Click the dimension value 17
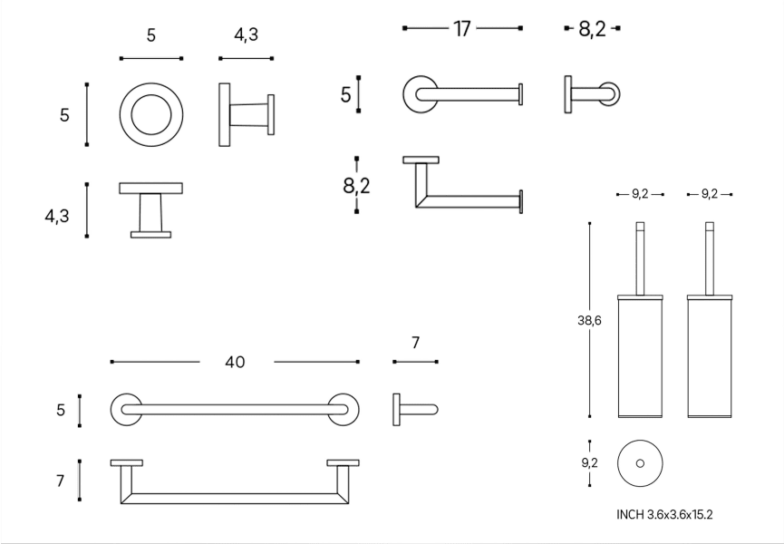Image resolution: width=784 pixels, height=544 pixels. tap(462, 29)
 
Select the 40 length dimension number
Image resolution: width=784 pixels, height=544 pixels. tap(235, 362)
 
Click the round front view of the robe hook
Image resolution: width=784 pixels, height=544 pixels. tap(150, 114)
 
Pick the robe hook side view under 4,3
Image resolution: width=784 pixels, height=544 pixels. tap(246, 114)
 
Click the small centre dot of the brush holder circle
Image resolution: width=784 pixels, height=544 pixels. tap(640, 462)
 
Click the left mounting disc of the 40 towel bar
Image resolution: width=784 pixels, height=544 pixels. tap(125, 409)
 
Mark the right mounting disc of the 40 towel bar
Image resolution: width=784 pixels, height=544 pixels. tap(344, 409)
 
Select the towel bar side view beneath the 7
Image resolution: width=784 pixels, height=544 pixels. tap(414, 409)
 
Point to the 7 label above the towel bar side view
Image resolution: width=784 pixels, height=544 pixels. tap(416, 342)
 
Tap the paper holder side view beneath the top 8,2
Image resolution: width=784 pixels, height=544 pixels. tap(592, 95)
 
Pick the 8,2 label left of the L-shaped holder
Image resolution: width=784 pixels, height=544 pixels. tap(356, 186)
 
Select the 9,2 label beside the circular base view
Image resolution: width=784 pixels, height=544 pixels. tap(590, 463)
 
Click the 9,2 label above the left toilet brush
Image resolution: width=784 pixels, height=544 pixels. tap(639, 194)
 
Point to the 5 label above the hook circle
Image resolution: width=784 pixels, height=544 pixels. tap(150, 36)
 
